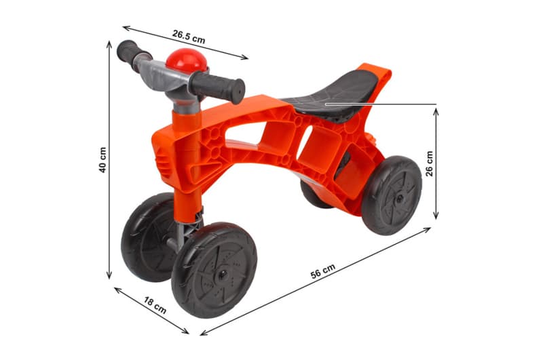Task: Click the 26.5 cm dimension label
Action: click(x=189, y=37)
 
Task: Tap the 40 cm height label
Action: click(x=103, y=160)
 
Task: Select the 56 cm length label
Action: click(x=323, y=271)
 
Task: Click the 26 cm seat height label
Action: click(x=430, y=163)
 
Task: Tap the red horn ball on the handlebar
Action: click(x=186, y=61)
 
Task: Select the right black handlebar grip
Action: click(x=217, y=87)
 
